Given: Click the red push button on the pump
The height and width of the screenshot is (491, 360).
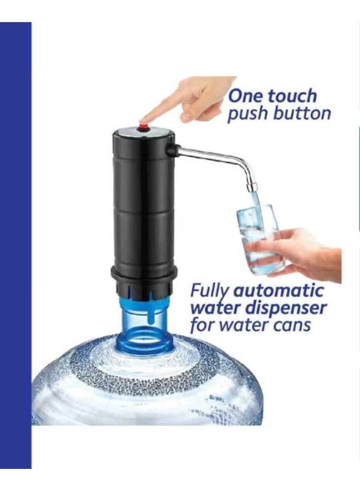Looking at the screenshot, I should (x=144, y=127).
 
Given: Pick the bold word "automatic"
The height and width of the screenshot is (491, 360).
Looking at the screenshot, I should (x=278, y=290).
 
